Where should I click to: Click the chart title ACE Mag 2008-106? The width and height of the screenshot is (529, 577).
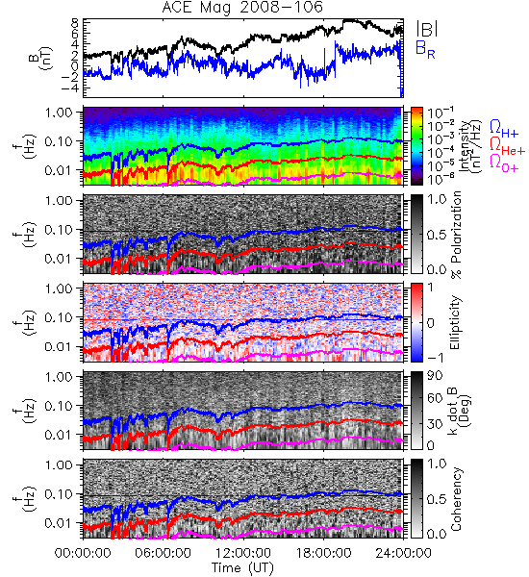242,7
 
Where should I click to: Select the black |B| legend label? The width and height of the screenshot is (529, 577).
427,29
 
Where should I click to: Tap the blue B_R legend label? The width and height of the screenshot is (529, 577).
425,49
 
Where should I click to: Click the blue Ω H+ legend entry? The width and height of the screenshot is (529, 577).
504,129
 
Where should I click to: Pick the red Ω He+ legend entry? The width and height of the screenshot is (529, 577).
507,145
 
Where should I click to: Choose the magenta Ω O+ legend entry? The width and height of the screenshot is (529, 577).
504,163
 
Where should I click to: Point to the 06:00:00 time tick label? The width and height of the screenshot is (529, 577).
163,553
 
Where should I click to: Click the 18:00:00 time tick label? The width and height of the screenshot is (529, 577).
323,553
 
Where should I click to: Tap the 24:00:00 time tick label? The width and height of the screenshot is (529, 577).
403,553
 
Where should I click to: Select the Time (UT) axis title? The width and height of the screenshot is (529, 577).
242,567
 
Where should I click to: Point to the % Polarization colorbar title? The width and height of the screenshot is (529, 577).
457,235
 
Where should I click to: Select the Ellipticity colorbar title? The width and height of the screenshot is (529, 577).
455,322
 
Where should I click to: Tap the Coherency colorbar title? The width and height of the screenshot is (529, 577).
456,499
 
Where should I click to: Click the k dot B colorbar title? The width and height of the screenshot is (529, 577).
460,412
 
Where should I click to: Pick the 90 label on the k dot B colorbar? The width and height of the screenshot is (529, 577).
435,376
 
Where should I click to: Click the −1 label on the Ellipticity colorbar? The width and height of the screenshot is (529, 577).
435,358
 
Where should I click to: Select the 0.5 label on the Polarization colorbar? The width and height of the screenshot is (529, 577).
437,235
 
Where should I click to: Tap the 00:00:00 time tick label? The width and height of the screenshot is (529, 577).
83,553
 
